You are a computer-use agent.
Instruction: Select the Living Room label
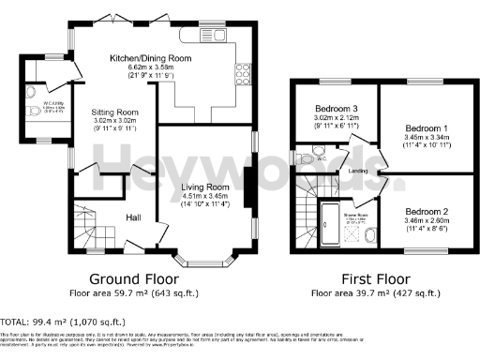coord(205,187)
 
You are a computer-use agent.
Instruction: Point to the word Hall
coord(133,217)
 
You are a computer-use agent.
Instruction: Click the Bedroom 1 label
coord(427,127)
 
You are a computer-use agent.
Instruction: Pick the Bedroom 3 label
coord(337,109)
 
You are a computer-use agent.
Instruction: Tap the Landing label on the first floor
coord(356,171)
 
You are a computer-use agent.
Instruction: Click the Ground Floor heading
coord(127,278)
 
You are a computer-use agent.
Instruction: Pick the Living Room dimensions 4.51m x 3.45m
coord(205,197)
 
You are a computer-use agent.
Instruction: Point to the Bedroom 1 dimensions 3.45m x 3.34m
coord(427,136)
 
